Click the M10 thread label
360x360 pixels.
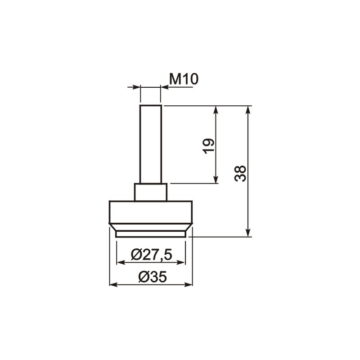tap(184, 79)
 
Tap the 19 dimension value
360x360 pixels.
tap(209, 146)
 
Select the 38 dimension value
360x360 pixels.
tap(241, 173)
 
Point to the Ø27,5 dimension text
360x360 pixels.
tap(151, 255)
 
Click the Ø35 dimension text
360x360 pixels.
tap(152, 277)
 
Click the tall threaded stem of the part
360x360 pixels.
tap(151, 144)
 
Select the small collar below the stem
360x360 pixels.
tap(151, 192)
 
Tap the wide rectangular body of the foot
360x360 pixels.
tap(151, 212)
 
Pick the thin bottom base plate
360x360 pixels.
tap(151, 234)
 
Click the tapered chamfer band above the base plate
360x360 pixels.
tap(151, 227)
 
